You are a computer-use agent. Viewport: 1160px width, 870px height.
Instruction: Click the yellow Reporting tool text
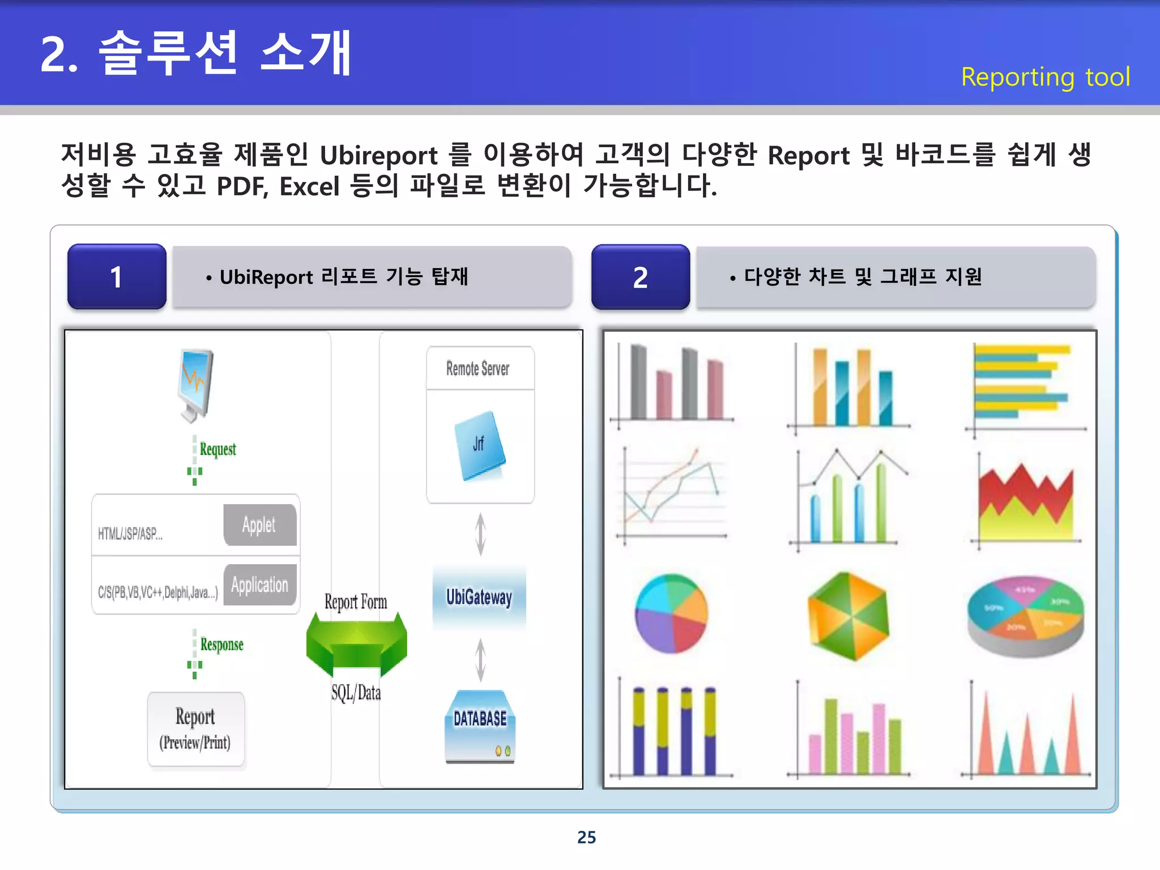(x=1045, y=77)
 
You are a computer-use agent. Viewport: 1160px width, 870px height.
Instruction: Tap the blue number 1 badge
(x=117, y=277)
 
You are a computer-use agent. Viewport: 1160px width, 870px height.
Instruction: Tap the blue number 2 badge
(x=641, y=277)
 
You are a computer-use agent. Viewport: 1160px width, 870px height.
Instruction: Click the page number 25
(x=586, y=837)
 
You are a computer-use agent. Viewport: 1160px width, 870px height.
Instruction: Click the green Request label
(x=217, y=450)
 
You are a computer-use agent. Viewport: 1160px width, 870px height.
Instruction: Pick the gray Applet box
(x=259, y=525)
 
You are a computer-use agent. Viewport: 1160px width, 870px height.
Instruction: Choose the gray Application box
(x=259, y=585)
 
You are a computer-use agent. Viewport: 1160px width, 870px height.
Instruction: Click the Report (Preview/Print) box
(x=195, y=730)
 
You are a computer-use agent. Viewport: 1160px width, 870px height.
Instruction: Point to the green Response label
(x=221, y=645)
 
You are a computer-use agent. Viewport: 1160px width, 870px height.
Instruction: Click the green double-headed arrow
(x=356, y=645)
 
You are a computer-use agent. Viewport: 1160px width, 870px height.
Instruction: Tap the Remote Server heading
(x=478, y=369)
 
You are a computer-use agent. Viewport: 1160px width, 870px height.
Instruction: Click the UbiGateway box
(x=479, y=597)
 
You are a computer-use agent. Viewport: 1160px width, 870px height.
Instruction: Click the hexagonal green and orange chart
(x=848, y=616)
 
